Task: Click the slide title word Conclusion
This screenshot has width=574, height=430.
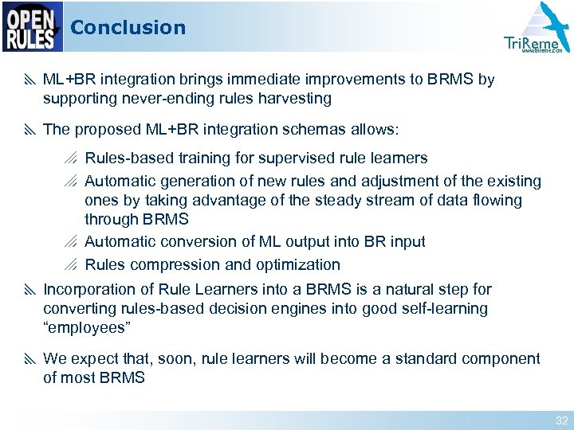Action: point(128,28)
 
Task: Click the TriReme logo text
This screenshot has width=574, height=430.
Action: point(532,43)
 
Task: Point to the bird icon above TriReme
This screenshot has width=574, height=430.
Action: point(545,20)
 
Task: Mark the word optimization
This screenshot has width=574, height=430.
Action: point(297,265)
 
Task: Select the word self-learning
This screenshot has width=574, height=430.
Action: point(439,308)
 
